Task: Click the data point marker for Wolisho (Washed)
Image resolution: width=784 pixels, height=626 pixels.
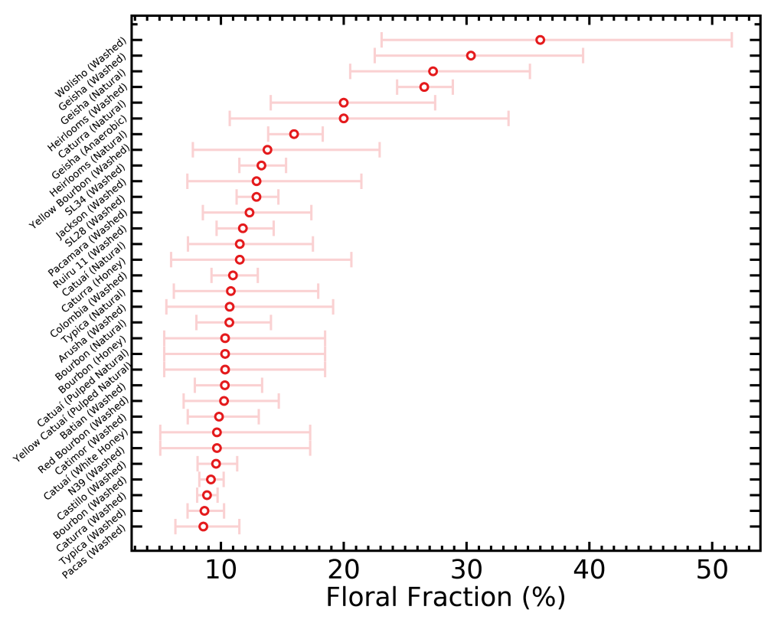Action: click(x=540, y=40)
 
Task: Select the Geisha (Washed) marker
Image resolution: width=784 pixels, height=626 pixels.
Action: click(x=471, y=56)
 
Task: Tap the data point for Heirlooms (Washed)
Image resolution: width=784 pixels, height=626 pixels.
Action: click(x=424, y=87)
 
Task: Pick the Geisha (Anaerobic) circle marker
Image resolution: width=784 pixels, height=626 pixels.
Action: click(x=344, y=119)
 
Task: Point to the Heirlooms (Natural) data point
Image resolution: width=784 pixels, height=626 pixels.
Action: click(x=294, y=134)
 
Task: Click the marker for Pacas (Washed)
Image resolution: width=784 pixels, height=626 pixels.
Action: click(x=203, y=527)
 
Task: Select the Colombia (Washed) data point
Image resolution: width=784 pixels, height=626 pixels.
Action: click(x=230, y=291)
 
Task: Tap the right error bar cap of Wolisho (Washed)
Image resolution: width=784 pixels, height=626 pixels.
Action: click(x=732, y=40)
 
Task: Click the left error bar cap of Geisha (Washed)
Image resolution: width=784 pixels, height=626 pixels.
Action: click(x=375, y=56)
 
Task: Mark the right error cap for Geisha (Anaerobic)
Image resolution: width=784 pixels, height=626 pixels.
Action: click(x=508, y=119)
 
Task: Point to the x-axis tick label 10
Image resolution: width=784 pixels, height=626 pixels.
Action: click(x=221, y=569)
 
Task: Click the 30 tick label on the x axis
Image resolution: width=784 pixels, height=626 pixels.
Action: click(x=467, y=569)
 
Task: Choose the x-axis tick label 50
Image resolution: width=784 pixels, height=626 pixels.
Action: click(x=713, y=569)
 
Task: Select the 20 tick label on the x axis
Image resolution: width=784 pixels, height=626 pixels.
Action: click(x=345, y=569)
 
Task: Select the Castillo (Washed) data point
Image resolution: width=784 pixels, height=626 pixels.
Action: click(x=211, y=480)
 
